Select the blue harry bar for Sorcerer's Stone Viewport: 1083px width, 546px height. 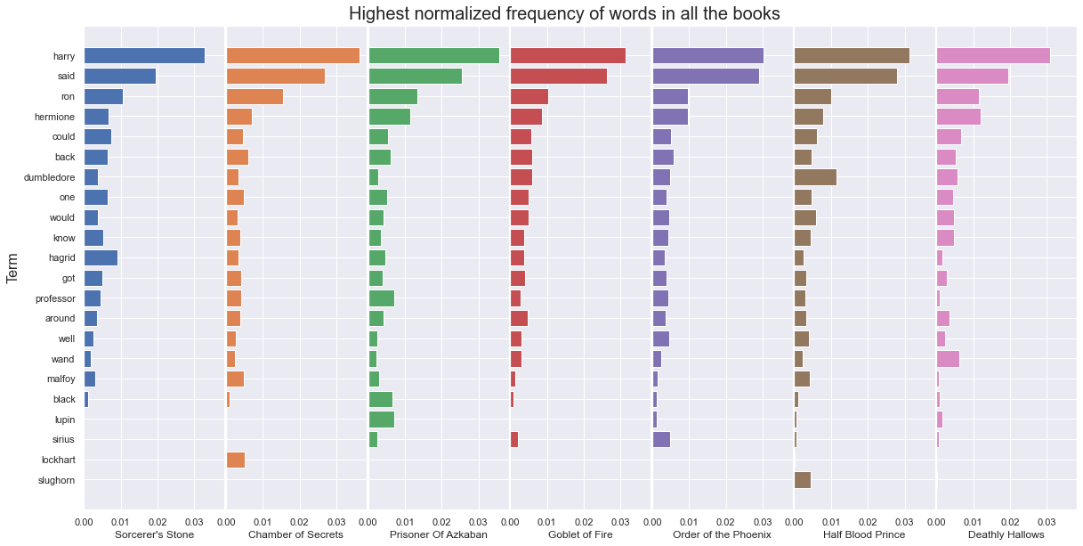(144, 55)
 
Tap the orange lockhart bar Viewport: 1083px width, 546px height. (236, 460)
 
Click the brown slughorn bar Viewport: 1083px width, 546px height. (803, 480)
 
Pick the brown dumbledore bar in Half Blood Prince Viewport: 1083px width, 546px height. (815, 176)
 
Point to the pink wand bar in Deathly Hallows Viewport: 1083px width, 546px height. (948, 359)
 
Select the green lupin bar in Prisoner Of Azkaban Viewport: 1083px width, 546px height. (382, 420)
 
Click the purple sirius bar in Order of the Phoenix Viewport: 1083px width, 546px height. (661, 439)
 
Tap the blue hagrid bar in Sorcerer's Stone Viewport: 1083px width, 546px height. (101, 257)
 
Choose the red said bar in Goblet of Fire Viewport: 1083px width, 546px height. (559, 76)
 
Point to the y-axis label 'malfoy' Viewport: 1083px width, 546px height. (61, 379)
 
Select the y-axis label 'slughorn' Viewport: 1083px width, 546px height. (57, 480)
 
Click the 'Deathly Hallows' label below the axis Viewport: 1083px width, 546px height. (1006, 534)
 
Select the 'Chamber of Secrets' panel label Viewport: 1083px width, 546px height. (295, 534)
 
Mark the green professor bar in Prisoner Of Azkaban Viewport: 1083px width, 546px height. (381, 297)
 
